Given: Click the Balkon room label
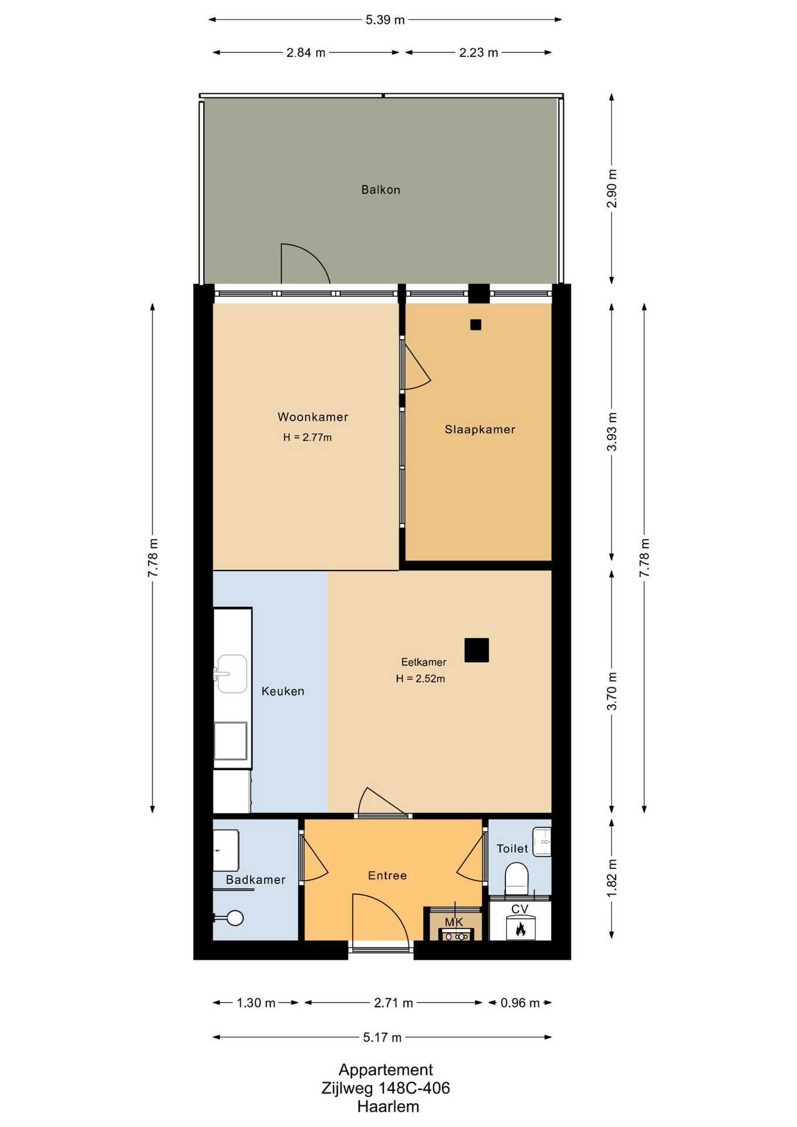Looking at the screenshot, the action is point(380,190).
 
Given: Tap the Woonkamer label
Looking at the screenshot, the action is point(313,417).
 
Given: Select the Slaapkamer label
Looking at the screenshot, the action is point(479,429).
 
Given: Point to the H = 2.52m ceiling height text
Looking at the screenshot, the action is point(420,679).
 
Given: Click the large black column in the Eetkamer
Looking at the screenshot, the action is point(477,650).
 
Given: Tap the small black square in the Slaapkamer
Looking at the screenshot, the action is point(475,325).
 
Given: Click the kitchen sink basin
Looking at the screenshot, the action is point(231,674).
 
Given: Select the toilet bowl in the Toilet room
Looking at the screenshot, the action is point(516,878).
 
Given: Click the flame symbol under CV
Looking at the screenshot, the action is point(520,929).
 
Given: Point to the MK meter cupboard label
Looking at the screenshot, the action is point(454,922).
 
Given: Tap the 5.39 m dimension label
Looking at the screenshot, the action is point(385,20).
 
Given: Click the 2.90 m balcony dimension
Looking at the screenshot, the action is point(612,188).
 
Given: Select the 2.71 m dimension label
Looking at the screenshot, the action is point(393,1003).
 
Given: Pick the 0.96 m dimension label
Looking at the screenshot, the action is point(520,1003).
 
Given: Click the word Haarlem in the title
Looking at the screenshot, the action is point(388,1106).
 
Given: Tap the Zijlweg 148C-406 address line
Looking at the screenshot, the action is point(386,1088).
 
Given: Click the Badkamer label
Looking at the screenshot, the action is point(255,879).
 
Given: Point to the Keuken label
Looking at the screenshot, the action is point(283,691).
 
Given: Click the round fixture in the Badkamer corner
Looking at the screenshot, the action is point(235,918).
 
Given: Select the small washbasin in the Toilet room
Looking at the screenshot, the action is point(542,842).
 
